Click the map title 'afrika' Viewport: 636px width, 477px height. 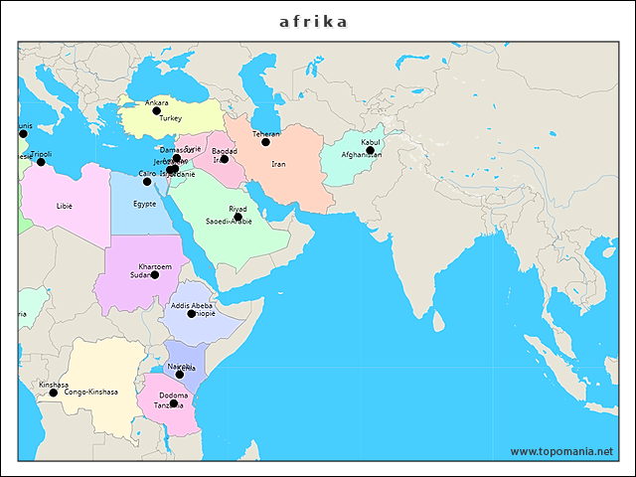pos(313,21)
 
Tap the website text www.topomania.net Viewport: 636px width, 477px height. pos(561,451)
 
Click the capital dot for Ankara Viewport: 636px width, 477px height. pos(156,110)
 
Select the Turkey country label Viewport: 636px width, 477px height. pos(156,118)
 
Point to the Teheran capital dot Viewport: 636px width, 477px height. pos(265,142)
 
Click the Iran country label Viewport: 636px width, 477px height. pos(278,164)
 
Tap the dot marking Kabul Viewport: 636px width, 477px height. pos(370,150)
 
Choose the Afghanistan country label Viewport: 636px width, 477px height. pos(361,156)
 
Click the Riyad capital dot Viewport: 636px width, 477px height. pos(238,216)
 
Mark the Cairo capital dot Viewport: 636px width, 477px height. pos(147,181)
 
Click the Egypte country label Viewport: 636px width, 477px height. pos(145,204)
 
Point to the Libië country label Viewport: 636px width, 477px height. pos(65,207)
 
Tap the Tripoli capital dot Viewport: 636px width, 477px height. pos(41,162)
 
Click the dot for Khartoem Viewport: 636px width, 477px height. pos(154,274)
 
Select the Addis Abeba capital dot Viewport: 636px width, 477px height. pos(192,313)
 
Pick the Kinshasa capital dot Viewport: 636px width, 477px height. pos(54,393)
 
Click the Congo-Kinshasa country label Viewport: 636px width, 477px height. pos(90,393)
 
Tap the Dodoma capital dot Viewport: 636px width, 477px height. pos(174,402)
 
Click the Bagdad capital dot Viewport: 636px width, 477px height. pos(224,159)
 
